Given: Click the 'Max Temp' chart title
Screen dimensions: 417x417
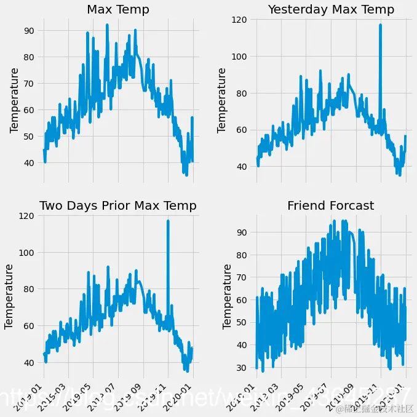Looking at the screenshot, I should (118, 10).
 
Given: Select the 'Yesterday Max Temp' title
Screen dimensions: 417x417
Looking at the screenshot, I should (331, 10).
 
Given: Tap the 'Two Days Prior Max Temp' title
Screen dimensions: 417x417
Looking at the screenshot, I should (118, 206).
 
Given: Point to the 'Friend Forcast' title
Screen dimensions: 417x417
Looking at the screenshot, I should (331, 206).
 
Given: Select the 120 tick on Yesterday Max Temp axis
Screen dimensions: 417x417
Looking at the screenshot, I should (239, 20).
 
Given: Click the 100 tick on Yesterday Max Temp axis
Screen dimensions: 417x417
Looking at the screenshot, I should (239, 57).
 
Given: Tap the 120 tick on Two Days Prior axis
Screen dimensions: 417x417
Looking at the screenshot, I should (26, 216).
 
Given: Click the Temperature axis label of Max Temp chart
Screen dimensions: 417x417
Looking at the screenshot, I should (15, 100).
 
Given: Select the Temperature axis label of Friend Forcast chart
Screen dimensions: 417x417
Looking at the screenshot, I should (228, 296).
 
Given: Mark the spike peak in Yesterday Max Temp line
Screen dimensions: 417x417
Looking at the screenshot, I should (381, 25).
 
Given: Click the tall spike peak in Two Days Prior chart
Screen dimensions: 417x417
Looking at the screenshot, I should (168, 221).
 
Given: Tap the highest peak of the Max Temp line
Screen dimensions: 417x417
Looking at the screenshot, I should (107, 25).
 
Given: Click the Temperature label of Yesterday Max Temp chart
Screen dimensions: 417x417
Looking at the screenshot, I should (222, 100).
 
